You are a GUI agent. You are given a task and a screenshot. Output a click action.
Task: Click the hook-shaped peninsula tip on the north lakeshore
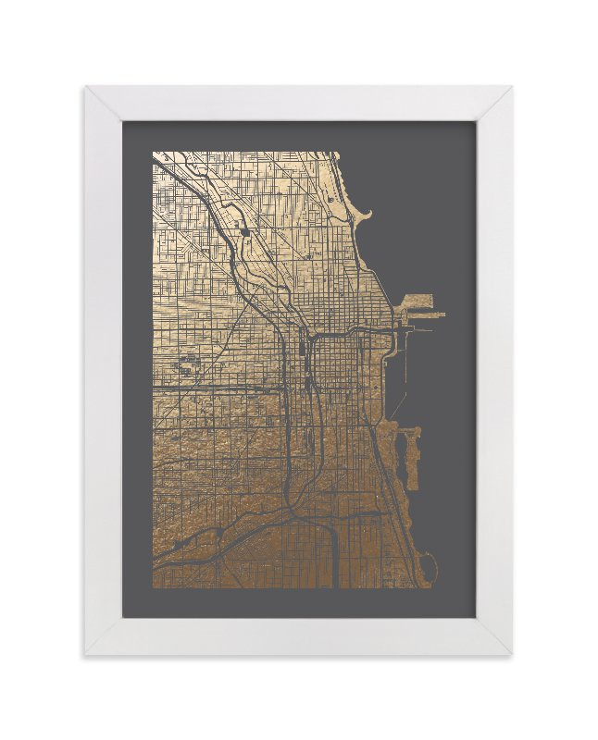pos(367,216)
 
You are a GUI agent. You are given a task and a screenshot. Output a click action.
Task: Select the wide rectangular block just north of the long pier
pos(417,302)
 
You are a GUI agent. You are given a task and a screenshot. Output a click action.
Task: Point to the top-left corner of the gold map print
pos(154,153)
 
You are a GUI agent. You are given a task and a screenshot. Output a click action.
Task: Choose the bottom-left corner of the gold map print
pos(154,587)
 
